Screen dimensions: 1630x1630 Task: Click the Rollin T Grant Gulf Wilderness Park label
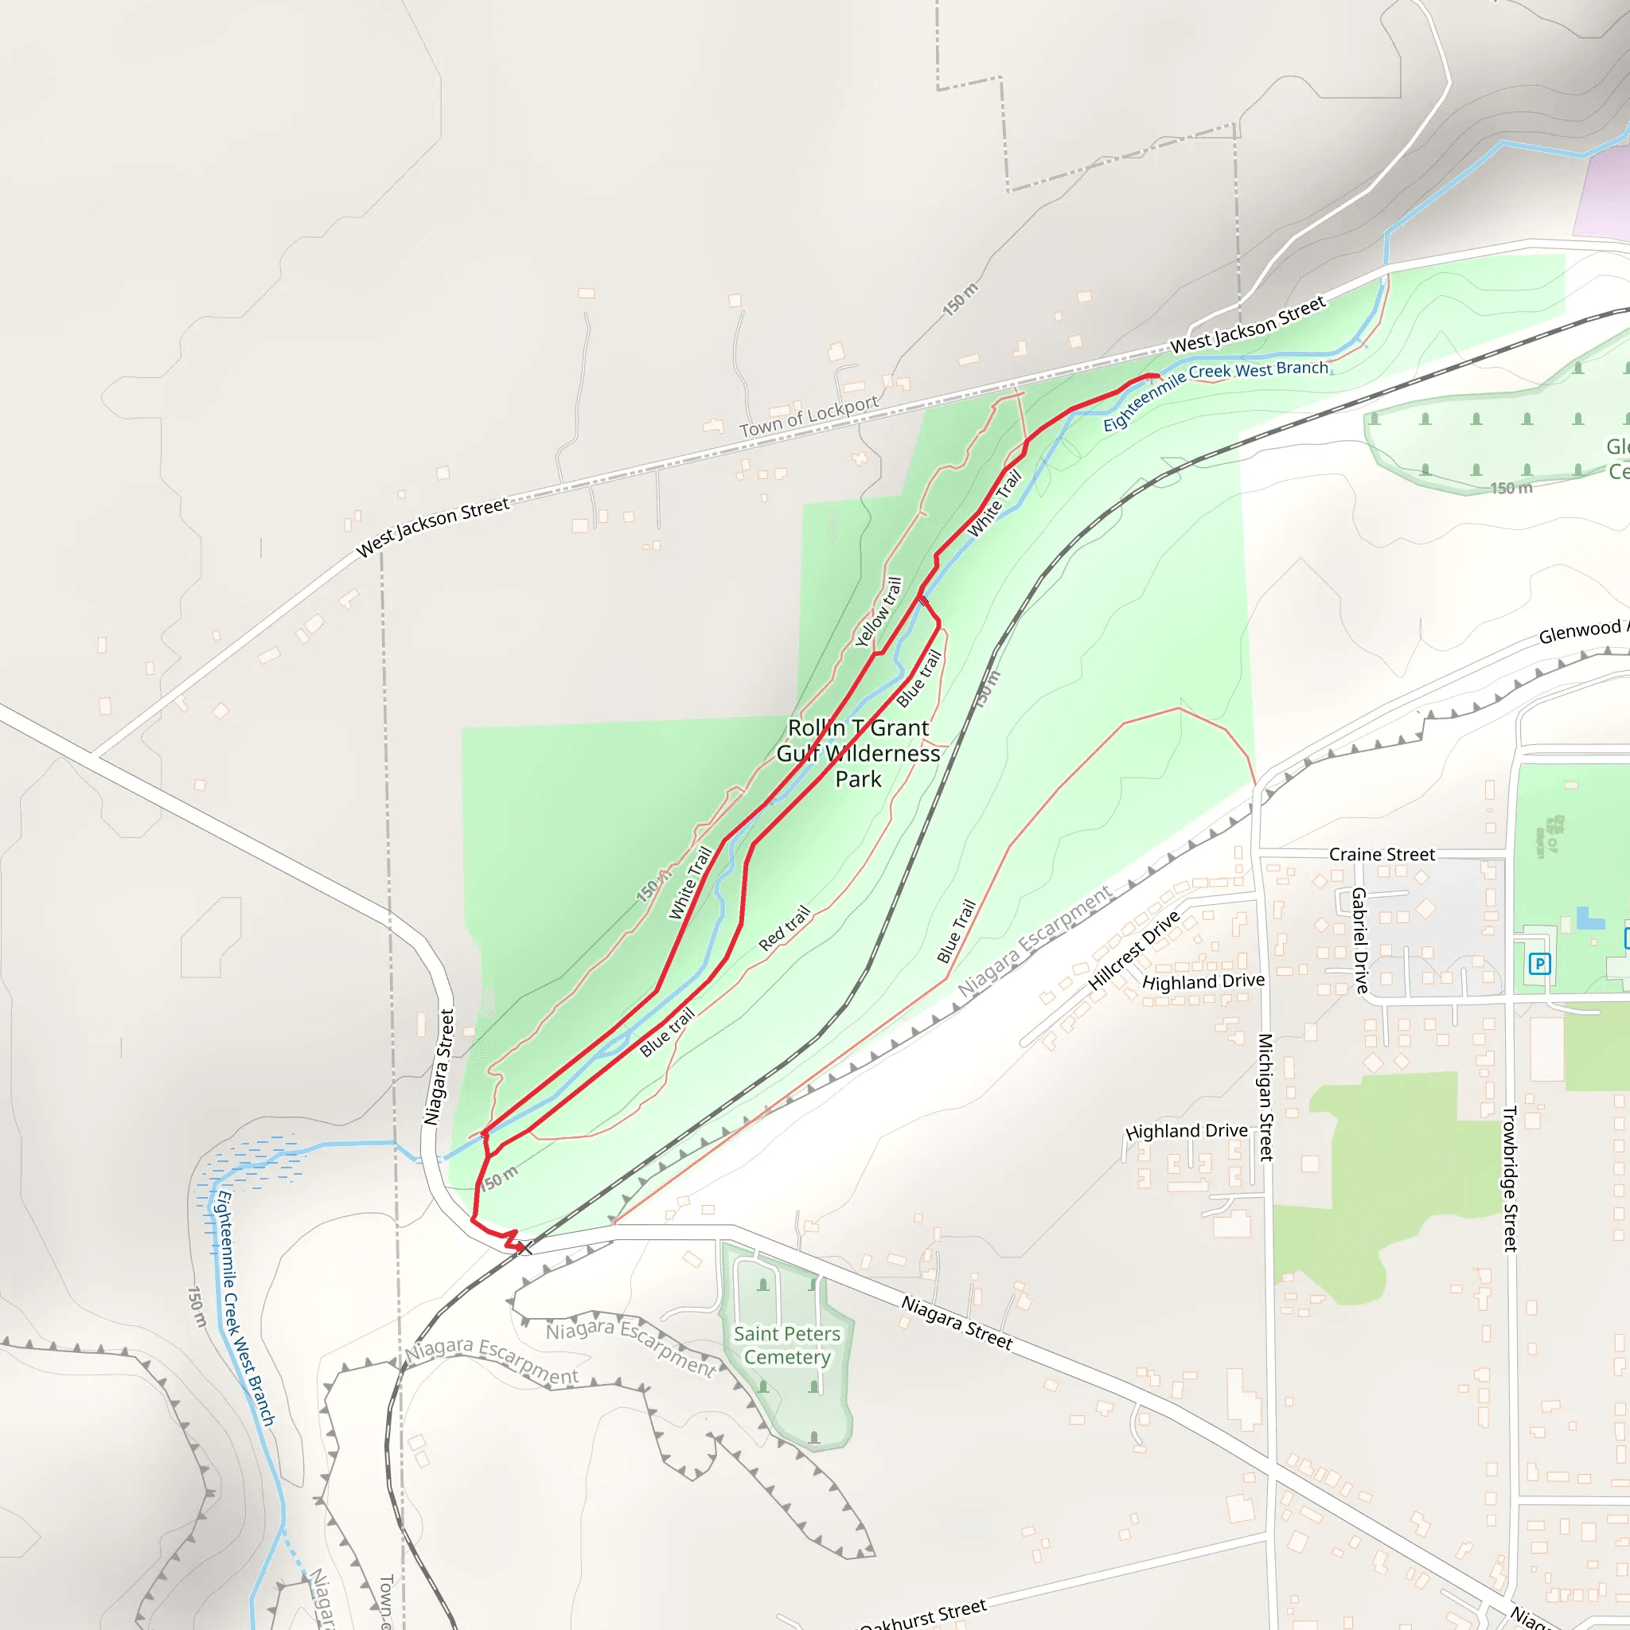pos(858,754)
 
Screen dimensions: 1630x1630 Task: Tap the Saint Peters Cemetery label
pos(786,1345)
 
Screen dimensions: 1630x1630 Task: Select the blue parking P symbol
pos(1540,964)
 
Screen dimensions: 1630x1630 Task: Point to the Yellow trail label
pos(879,613)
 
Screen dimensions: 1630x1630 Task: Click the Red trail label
pos(785,928)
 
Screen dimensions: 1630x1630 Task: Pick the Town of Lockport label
pos(809,417)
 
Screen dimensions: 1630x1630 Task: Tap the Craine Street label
pos(1381,855)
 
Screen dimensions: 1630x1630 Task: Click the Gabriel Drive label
pos(1359,940)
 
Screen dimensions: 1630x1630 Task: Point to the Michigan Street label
pos(1265,1097)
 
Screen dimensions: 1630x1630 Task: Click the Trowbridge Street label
pos(1510,1179)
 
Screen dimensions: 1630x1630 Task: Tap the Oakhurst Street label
pos(923,1614)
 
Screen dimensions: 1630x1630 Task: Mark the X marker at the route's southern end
pos(524,1248)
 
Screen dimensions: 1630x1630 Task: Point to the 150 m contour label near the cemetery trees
pos(1511,489)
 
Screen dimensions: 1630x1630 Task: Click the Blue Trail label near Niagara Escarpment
pos(956,931)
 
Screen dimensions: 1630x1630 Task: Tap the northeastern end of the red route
pos(1156,376)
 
